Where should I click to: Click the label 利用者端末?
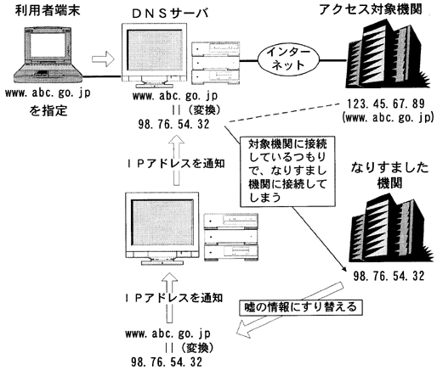(48, 10)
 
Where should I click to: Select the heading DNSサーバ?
(170, 14)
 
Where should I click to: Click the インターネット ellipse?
(288, 59)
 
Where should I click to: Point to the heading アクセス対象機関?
(371, 9)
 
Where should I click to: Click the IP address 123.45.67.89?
(386, 104)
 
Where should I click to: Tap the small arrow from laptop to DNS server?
(103, 59)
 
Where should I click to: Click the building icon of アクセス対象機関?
(388, 53)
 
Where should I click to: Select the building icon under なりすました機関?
(391, 228)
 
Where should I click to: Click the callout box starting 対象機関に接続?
(287, 171)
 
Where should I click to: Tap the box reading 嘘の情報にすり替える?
(301, 307)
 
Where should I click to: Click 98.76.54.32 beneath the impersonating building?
(389, 276)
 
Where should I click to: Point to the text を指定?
(48, 110)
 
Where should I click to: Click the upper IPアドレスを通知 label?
(175, 164)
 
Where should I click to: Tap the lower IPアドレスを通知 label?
(173, 298)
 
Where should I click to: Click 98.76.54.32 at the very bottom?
(167, 362)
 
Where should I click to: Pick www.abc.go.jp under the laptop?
(48, 93)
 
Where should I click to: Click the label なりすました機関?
(389, 176)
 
